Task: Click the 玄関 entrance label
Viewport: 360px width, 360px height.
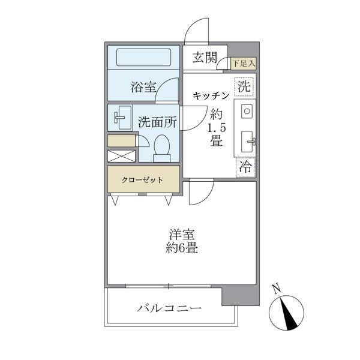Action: pos(205,58)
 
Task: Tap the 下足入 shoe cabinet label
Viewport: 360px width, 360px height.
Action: pos(244,62)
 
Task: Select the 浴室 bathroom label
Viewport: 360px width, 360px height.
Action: pos(144,88)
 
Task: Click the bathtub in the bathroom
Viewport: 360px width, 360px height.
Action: pos(144,58)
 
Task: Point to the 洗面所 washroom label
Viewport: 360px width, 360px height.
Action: pos(157,121)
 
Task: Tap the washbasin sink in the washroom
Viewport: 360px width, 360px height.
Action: pos(122,118)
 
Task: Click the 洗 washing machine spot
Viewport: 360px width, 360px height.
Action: pos(244,86)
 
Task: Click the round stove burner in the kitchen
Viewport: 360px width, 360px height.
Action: pos(247,112)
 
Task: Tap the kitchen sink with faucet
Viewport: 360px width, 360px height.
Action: pos(247,142)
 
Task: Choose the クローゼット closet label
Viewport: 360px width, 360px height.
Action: pos(144,179)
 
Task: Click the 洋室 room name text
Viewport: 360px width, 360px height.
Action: pos(182,235)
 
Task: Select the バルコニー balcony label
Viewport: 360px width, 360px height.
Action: pos(169,309)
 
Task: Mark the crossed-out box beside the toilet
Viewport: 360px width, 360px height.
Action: pos(122,155)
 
